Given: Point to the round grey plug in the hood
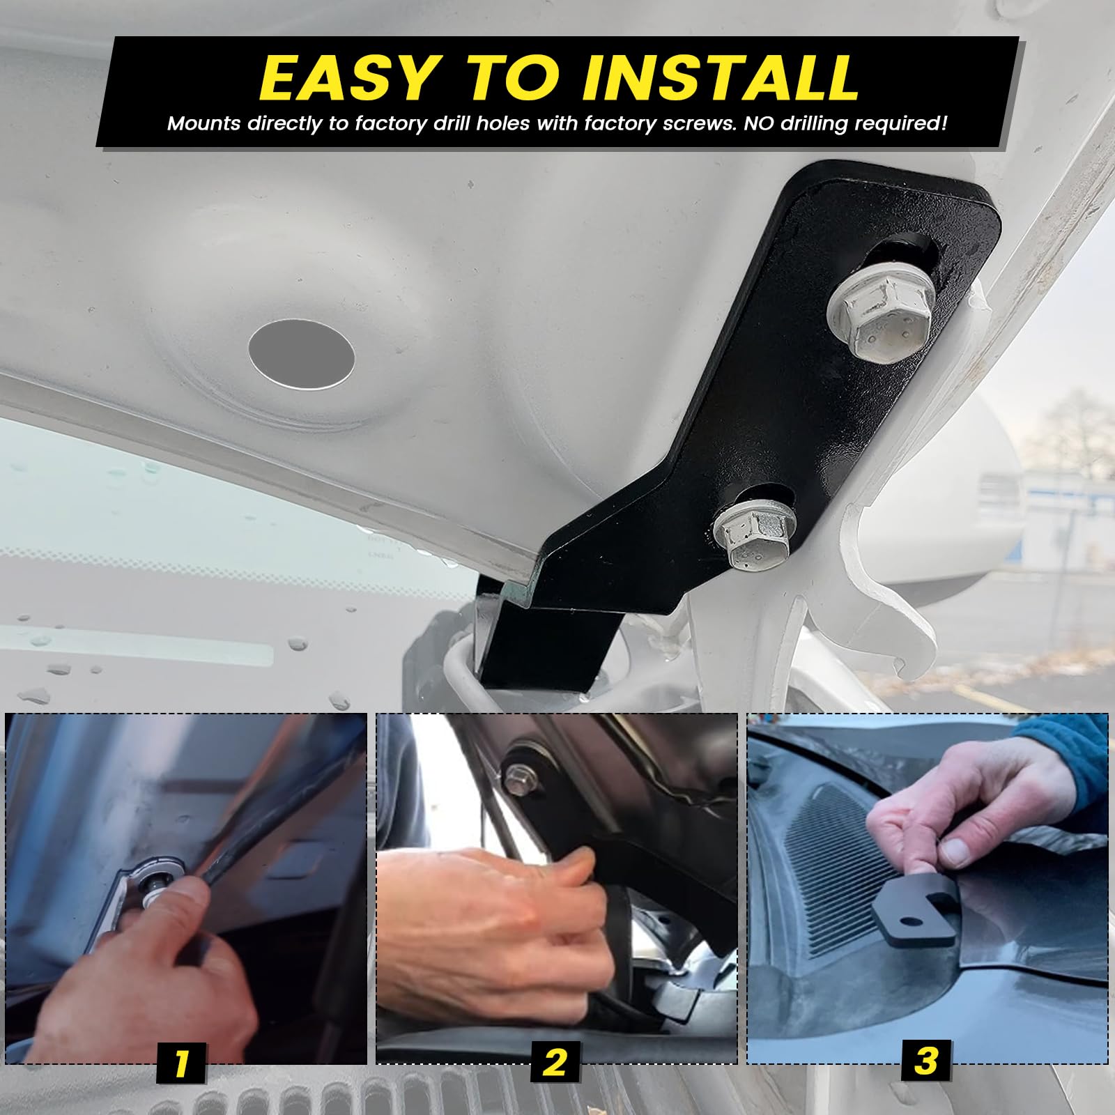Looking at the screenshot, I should (301, 353).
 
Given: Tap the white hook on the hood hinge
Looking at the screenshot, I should (899, 613).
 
